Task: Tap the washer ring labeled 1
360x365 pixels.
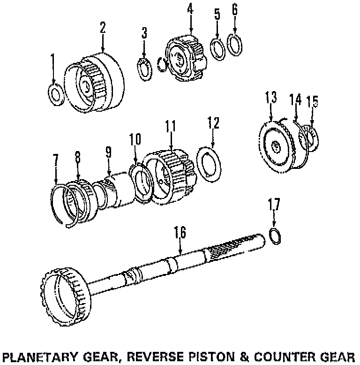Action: [56, 94]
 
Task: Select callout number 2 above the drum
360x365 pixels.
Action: [103, 28]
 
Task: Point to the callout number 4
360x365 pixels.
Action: [190, 9]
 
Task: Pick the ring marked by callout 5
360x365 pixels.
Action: [217, 48]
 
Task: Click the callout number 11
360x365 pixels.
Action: [170, 126]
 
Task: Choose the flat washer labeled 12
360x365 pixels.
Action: [212, 161]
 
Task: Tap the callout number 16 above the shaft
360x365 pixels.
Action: [180, 232]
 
